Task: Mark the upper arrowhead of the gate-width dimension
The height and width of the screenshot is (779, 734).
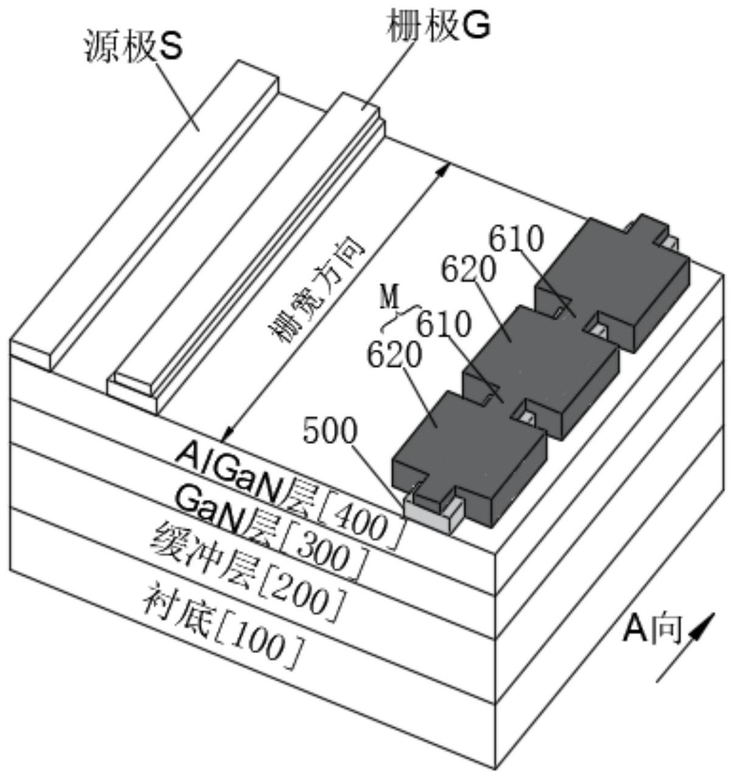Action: (x=443, y=170)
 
